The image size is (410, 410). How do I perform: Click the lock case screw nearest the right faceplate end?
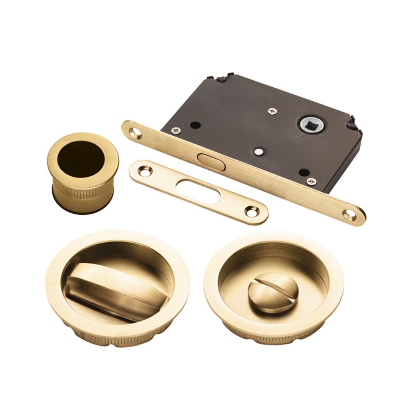[x=312, y=181]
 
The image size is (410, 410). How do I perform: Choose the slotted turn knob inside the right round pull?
[x=269, y=292]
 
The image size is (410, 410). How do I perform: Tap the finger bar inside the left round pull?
[x=111, y=287]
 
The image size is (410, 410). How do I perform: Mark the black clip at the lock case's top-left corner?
[x=221, y=77]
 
